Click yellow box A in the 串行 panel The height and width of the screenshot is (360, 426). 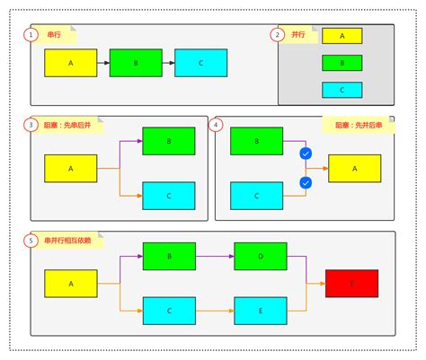coord(71,64)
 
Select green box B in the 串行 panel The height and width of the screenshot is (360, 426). coord(136,64)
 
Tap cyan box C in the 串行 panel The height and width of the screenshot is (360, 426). coord(200,64)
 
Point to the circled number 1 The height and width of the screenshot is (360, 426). coord(31,35)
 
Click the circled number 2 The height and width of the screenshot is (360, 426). coord(279,35)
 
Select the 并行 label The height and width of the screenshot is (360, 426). coord(298,35)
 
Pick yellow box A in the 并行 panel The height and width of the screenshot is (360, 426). coord(342,36)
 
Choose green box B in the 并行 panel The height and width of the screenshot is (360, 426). coord(342,63)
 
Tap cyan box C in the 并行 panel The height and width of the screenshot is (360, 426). coord(342,90)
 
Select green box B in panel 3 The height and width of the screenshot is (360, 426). coord(168,141)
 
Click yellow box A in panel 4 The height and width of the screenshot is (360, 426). coord(354,168)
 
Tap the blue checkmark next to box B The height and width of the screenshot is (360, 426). coord(306,154)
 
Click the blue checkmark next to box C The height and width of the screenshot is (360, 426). coord(306,183)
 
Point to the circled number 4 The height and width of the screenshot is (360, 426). coord(217,125)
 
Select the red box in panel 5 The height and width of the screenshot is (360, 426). coord(351,283)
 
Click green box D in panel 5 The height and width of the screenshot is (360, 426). coord(261,256)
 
